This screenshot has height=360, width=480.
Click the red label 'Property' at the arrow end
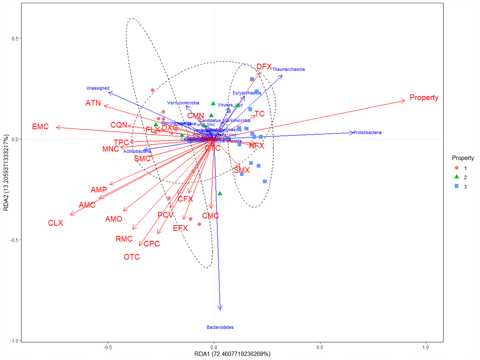click(424, 97)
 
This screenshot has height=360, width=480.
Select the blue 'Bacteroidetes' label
click(220, 327)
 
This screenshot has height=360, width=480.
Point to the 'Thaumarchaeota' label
click(288, 70)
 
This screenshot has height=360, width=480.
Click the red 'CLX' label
click(56, 223)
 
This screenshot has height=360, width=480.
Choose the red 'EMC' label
click(40, 127)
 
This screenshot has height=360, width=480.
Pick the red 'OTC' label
click(132, 257)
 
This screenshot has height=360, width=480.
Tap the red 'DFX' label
click(264, 66)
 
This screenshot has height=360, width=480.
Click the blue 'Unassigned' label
click(97, 88)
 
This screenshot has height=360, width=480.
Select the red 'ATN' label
click(93, 103)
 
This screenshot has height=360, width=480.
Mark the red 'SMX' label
click(242, 170)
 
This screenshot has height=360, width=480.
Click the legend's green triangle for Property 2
click(457, 177)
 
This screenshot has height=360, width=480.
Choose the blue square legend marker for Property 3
click(457, 186)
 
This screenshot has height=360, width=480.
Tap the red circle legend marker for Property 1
click(457, 168)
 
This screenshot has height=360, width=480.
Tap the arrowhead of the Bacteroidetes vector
click(220, 308)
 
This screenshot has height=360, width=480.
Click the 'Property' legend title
click(463, 158)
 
